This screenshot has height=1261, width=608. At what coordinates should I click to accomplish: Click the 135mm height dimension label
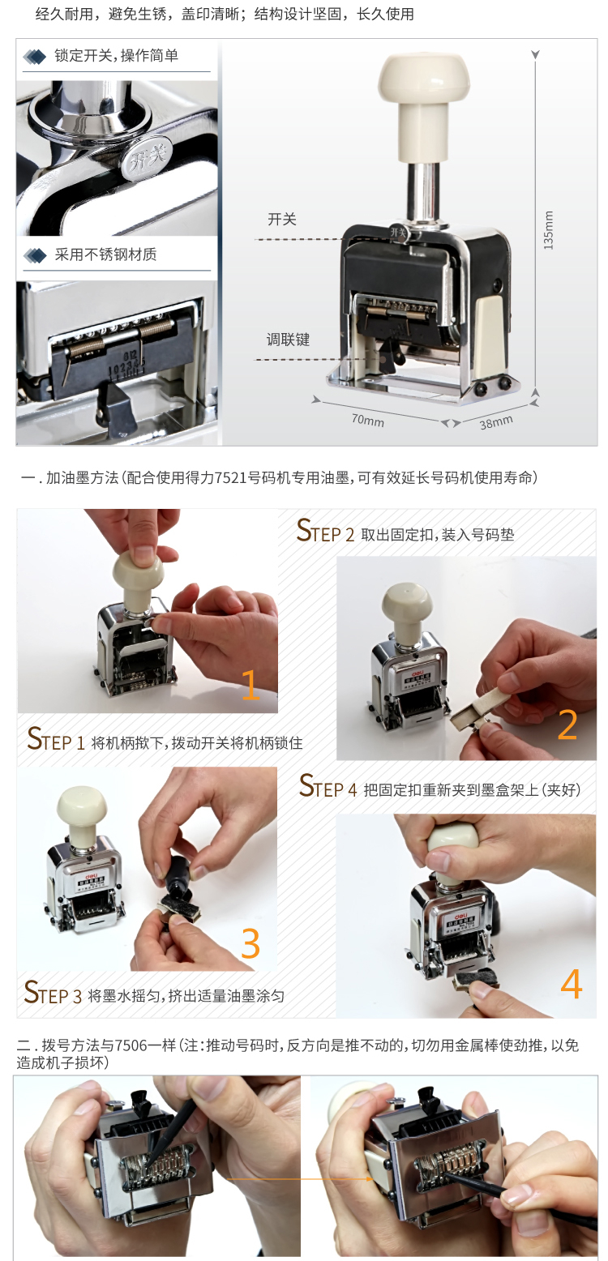548,230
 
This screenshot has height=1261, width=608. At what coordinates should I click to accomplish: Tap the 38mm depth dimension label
496,422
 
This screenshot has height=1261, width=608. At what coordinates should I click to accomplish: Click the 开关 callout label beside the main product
281,219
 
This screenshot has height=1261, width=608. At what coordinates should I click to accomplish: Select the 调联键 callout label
289,340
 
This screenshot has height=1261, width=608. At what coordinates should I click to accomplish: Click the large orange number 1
250,685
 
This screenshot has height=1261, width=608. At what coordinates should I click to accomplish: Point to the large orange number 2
567,725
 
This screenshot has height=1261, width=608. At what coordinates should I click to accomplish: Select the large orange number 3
250,943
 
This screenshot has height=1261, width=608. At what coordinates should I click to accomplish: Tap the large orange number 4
571,984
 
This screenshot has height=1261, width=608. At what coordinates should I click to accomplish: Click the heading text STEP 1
56,739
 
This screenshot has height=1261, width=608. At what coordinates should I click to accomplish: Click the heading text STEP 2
325,531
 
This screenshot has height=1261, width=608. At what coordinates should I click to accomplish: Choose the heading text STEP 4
328,786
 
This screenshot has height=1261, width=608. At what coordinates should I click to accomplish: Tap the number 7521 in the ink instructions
231,478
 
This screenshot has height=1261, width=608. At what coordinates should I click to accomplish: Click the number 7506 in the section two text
131,1045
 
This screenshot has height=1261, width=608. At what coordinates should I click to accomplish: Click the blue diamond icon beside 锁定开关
34,56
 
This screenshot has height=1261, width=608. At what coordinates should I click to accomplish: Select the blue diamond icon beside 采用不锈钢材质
35,255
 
